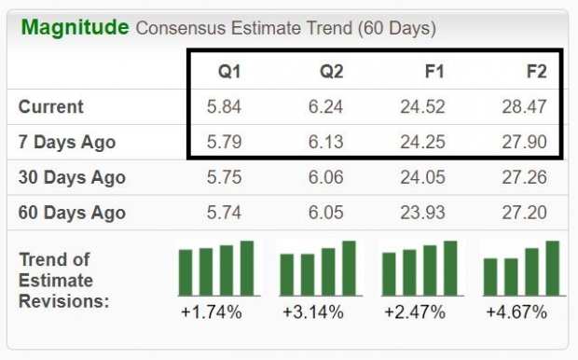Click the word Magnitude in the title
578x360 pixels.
click(x=75, y=27)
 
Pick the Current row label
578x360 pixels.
click(x=51, y=106)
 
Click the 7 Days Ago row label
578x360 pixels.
click(x=67, y=142)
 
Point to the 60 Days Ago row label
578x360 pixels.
click(x=72, y=213)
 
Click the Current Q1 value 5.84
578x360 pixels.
click(x=224, y=106)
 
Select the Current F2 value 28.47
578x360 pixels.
click(x=523, y=106)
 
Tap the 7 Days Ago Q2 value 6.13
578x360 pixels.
click(x=324, y=142)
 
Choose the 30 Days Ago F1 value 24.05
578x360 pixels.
click(x=424, y=177)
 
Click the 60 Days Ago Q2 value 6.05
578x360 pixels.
click(x=324, y=213)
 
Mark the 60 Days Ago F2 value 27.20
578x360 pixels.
click(x=523, y=213)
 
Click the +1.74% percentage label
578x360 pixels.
click(x=212, y=312)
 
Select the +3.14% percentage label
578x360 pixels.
click(x=312, y=312)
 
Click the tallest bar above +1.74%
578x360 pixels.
click(x=246, y=267)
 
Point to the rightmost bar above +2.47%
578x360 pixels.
click(x=450, y=267)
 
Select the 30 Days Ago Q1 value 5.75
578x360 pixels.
click(x=224, y=177)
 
